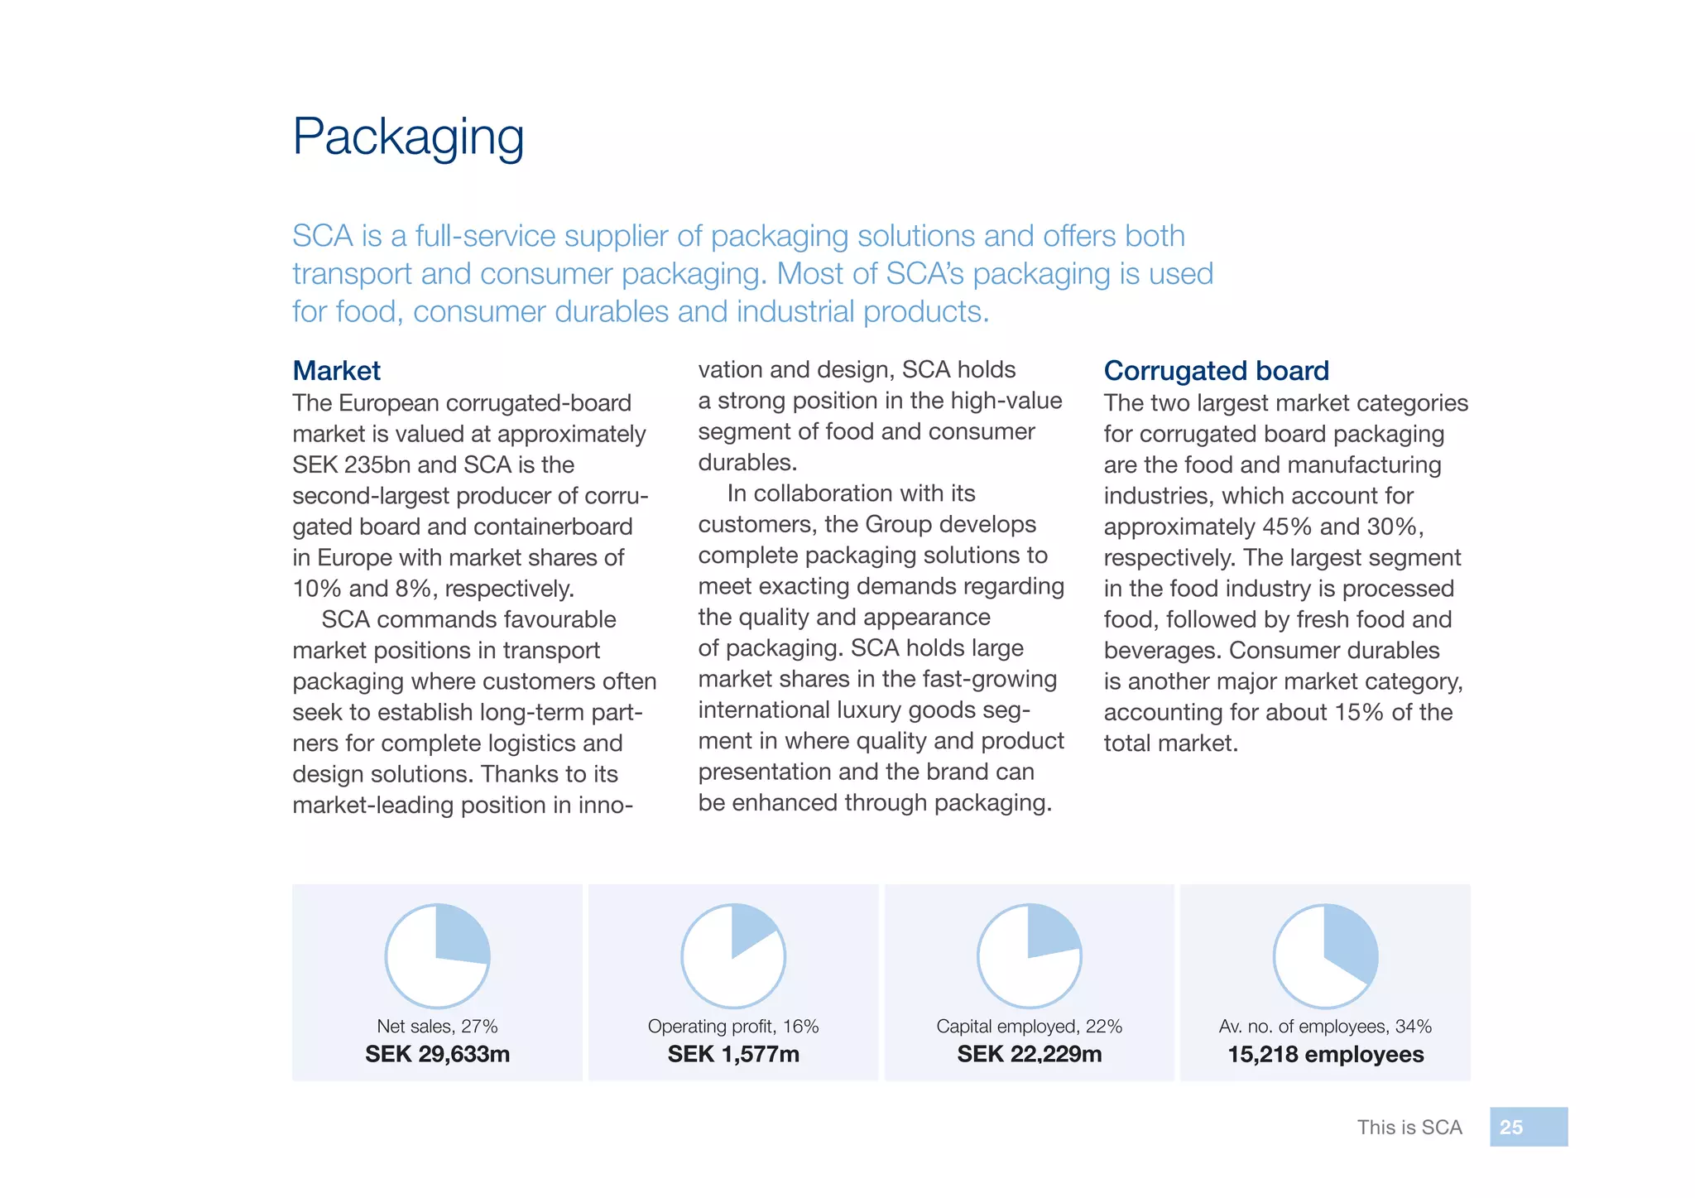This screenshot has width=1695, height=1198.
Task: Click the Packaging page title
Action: [x=408, y=137]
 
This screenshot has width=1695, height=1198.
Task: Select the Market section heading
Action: [x=336, y=370]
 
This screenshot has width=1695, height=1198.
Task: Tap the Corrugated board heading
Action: [x=1216, y=370]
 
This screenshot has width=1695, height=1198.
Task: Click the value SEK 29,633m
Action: [x=437, y=1054]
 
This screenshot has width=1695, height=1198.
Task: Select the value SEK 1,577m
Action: [x=733, y=1054]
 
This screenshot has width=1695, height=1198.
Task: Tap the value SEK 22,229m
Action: [x=1029, y=1054]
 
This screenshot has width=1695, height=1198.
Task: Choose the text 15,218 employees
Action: [x=1325, y=1054]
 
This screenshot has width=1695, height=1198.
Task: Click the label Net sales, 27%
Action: [x=437, y=1027]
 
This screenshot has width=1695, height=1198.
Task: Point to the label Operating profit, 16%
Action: [x=733, y=1027]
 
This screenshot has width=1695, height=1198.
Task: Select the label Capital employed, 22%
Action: [x=1029, y=1027]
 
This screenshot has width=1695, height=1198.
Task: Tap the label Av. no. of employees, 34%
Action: [x=1325, y=1027]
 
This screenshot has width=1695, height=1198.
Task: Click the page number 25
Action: [x=1511, y=1127]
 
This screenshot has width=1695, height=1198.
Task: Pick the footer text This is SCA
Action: [x=1409, y=1127]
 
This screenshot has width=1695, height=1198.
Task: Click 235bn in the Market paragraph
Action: [x=377, y=464]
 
